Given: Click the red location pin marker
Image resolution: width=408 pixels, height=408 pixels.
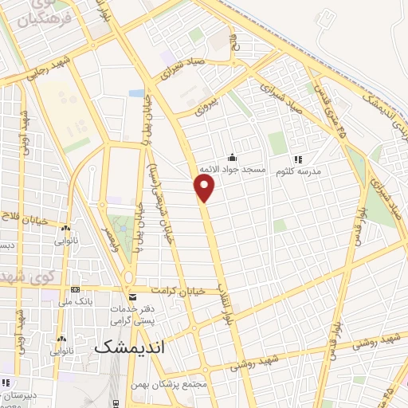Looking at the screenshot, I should [205, 188].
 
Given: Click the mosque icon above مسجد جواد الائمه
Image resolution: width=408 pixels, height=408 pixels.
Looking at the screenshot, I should [231, 157].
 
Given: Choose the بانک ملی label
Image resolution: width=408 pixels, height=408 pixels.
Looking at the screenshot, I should [75, 302].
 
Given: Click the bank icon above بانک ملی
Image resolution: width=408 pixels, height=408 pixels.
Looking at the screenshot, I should [75, 289].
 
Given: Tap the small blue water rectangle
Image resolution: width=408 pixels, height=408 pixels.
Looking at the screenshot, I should [136, 94].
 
